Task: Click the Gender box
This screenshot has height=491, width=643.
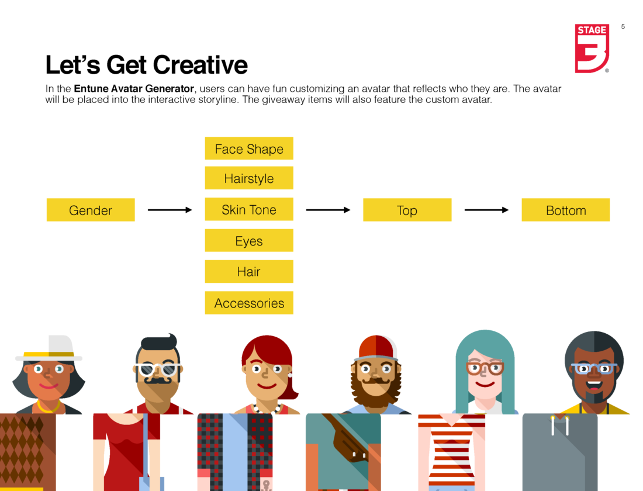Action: coord(91,210)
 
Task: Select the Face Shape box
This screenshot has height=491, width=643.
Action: coord(249,148)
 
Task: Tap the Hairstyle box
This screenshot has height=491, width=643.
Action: coord(249,178)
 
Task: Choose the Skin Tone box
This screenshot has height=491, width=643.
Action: coord(249,209)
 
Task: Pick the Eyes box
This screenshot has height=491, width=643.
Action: coord(249,240)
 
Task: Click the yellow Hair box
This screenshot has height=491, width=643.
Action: coord(249,272)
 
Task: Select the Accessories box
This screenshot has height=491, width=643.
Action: coord(249,303)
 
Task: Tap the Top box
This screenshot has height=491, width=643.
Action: coord(407,210)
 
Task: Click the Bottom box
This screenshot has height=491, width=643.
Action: coord(565,210)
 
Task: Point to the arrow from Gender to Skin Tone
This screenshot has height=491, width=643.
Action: coord(170,210)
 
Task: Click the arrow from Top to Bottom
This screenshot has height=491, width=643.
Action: coord(486,210)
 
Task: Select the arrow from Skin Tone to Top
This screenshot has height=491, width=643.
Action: coord(328,210)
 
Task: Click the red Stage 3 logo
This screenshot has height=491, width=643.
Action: coord(592,49)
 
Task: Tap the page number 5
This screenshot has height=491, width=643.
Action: coord(623,27)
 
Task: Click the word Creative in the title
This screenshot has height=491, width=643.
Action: coord(200,65)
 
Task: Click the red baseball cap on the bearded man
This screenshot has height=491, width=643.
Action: coord(377,348)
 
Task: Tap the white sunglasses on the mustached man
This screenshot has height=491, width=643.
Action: coord(157,369)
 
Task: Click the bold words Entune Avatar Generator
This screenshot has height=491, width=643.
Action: coord(134,89)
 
